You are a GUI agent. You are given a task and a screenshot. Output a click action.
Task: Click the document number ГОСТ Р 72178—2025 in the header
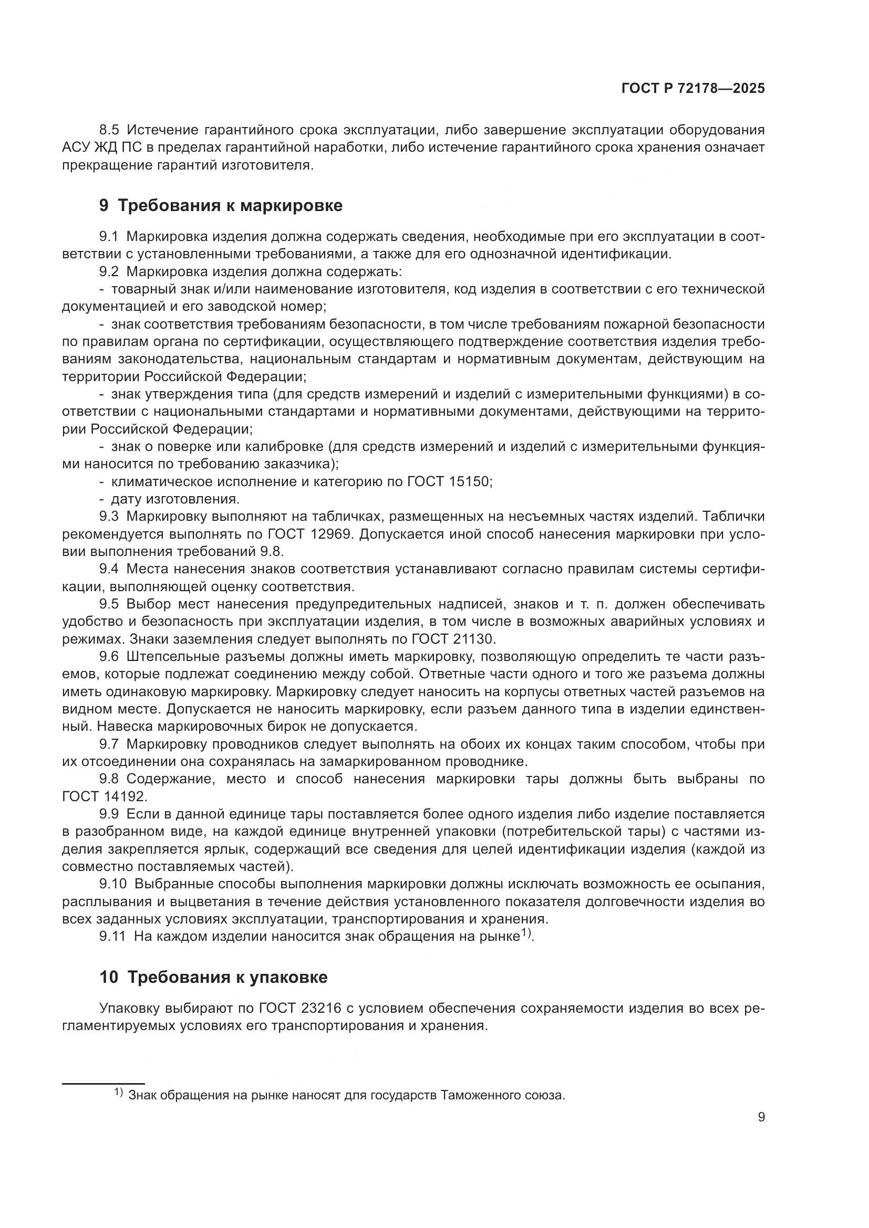[693, 89]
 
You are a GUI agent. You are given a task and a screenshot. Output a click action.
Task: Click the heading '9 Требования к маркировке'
[221, 205]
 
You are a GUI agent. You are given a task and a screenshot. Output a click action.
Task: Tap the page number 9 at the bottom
[761, 1117]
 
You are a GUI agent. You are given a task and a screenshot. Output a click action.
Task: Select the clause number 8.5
[110, 130]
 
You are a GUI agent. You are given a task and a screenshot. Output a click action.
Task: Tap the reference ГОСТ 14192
[104, 796]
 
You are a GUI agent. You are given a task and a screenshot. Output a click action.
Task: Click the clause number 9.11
[112, 936]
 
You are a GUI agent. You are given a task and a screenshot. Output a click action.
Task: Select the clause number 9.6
[110, 657]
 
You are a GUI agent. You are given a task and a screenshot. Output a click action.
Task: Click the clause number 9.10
[112, 884]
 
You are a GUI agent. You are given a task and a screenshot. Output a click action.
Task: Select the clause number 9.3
[110, 517]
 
